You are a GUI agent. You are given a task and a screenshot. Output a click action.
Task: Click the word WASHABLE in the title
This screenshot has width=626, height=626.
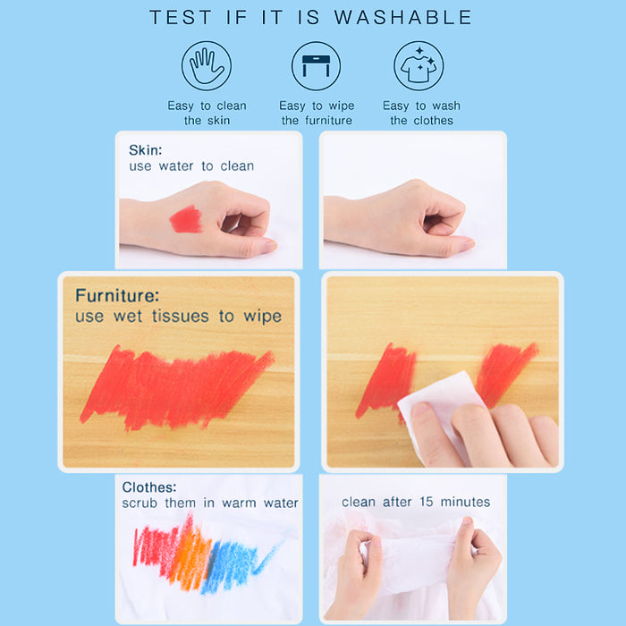pos(402,18)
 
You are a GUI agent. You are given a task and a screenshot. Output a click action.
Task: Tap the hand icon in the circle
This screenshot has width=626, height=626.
pos(207,66)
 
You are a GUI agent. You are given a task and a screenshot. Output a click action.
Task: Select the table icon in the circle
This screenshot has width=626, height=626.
pos(316,66)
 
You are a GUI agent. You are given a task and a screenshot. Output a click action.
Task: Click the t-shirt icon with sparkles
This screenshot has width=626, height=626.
pos(419,66)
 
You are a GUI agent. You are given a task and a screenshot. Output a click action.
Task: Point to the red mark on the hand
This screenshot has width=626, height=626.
pos(186,220)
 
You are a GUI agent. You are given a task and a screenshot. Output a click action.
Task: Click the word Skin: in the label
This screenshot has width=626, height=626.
pos(145,150)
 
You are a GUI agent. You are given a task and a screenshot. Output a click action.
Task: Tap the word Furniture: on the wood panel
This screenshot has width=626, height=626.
pos(117,295)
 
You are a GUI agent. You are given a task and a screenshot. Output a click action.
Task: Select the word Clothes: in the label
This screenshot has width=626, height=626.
pos(149,487)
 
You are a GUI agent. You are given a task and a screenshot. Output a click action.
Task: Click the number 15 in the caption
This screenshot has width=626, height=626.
pos(427,502)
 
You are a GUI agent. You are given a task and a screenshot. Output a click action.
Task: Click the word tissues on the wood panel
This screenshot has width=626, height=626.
pos(181,317)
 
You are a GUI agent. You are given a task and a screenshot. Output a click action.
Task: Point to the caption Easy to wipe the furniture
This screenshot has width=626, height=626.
pos(317,113)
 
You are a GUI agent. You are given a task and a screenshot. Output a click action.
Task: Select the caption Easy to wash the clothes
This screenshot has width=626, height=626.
pos(421,113)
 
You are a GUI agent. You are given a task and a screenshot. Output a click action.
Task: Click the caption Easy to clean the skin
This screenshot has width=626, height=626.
pos(207,113)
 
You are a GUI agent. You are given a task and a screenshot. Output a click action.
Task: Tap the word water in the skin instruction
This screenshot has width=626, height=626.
pos(176,166)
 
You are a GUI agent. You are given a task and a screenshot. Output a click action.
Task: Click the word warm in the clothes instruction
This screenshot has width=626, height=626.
pos(239,503)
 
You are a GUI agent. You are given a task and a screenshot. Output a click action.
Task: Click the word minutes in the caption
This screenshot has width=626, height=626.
pos(465,502)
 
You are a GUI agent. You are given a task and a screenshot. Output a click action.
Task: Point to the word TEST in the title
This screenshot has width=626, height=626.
pos(180,18)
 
